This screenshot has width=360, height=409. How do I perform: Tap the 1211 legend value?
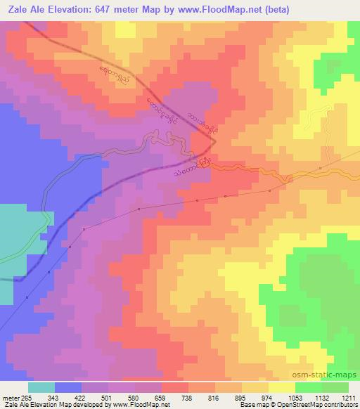point(350,397)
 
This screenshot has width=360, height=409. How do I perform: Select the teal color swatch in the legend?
point(41,387)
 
